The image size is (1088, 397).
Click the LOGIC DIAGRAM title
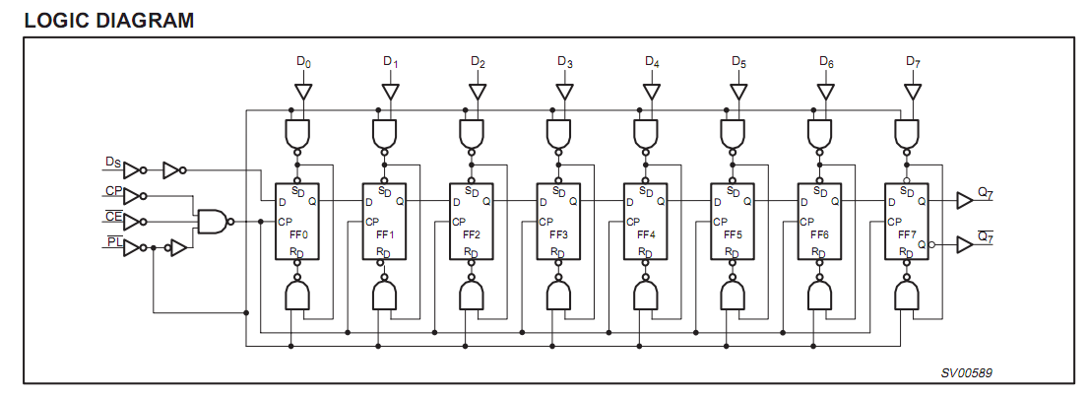(109, 20)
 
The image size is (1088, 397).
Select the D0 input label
(304, 62)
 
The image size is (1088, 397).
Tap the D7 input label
(913, 62)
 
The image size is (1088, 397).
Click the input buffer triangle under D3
(565, 92)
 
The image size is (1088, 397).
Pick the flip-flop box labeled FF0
(297, 222)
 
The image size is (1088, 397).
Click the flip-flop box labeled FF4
(645, 222)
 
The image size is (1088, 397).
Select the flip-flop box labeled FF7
(906, 222)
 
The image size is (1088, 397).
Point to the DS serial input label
(112, 162)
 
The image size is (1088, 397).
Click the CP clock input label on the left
(114, 190)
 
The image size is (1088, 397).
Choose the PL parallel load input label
(114, 242)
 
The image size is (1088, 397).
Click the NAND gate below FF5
(733, 294)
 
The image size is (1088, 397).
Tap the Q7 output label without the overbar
(986, 194)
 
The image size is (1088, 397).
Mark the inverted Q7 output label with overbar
(986, 237)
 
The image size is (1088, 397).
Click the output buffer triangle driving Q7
(965, 201)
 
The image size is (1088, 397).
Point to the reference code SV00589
(967, 372)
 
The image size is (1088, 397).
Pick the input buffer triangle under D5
(739, 92)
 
